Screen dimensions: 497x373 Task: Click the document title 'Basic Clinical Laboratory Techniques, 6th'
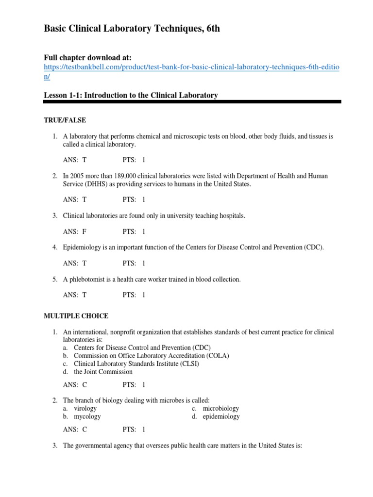click(x=132, y=29)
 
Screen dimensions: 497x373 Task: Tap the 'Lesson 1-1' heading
click(x=131, y=96)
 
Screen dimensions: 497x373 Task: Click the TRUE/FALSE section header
click(x=65, y=120)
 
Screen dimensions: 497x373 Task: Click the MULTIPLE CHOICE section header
click(x=76, y=316)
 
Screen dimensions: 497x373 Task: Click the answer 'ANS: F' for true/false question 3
click(x=75, y=232)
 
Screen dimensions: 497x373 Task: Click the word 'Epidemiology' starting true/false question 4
click(x=82, y=247)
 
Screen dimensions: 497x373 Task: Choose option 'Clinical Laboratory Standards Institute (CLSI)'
click(x=136, y=364)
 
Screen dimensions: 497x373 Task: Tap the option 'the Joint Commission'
click(x=103, y=372)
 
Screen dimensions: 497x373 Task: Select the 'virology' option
click(x=85, y=409)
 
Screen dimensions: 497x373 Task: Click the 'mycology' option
click(x=87, y=416)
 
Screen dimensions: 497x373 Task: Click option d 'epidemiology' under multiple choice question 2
click(x=221, y=416)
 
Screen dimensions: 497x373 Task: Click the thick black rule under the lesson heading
click(x=192, y=102)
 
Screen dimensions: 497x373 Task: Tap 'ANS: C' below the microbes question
click(x=75, y=430)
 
